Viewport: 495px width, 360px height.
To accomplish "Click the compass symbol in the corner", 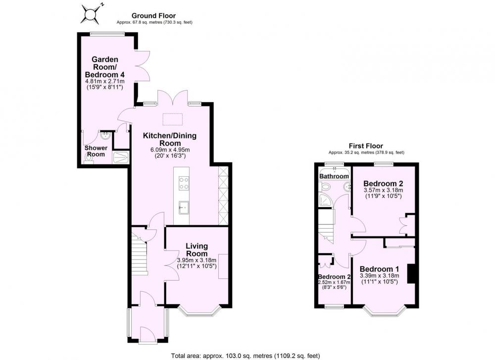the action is coord(91,14).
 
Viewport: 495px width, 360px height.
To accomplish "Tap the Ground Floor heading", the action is coord(154,15).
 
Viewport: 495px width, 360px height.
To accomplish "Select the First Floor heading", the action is coord(366,146).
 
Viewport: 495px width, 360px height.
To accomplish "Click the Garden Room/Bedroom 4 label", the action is coord(104,67).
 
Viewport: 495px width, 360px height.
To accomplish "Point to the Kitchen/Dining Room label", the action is coord(170,139).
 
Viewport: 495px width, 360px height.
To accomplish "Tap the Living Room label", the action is coord(197,250).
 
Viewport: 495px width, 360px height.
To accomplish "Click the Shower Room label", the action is coord(96,151).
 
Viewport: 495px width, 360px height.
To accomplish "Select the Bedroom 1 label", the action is coord(379,269).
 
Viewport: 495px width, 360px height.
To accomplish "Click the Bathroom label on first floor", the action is coord(334,176).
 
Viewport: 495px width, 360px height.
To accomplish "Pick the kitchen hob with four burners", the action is coord(184,184).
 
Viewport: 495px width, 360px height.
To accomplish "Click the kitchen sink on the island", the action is coord(184,207).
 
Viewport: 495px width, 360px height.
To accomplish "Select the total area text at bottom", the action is coord(246,356).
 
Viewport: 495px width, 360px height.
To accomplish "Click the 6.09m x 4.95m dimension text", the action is coord(170,150).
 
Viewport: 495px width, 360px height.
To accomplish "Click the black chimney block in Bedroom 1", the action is coord(411,274).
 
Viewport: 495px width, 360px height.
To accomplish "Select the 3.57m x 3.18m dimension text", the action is coord(383,191).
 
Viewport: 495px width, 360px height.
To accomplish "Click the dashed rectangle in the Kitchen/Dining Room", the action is coord(172,119).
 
